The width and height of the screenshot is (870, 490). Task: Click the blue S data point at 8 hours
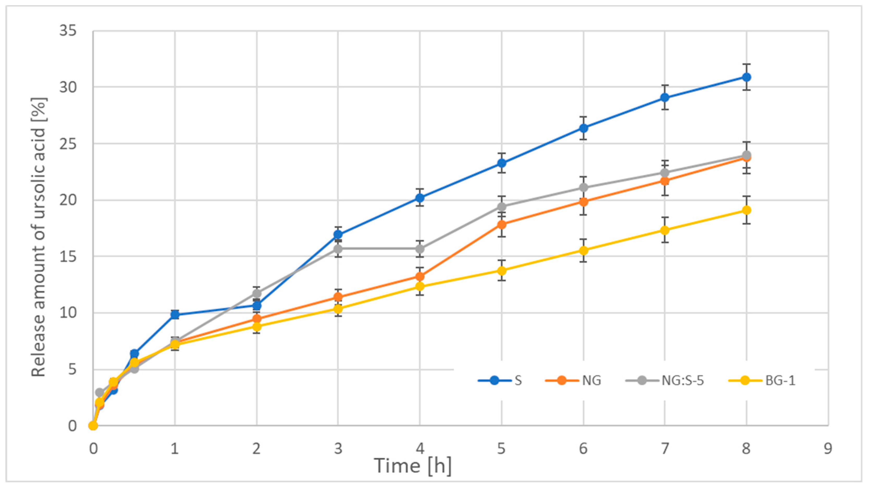(x=746, y=77)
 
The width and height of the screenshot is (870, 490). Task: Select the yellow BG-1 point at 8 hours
(x=746, y=210)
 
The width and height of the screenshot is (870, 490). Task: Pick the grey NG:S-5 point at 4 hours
(x=420, y=249)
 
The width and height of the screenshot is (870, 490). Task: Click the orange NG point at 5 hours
(x=501, y=224)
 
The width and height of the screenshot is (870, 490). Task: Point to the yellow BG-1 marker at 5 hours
(x=501, y=271)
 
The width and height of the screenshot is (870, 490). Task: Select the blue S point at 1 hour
(x=175, y=315)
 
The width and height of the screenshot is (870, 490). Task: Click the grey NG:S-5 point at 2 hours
(x=257, y=293)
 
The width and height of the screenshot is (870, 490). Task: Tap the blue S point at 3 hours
(x=338, y=235)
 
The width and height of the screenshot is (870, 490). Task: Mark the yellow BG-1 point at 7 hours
(x=665, y=230)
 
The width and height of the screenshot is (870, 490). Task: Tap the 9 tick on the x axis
(x=828, y=449)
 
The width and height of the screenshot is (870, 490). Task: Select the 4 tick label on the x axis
(x=420, y=449)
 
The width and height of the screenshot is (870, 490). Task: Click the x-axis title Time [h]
(x=413, y=466)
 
